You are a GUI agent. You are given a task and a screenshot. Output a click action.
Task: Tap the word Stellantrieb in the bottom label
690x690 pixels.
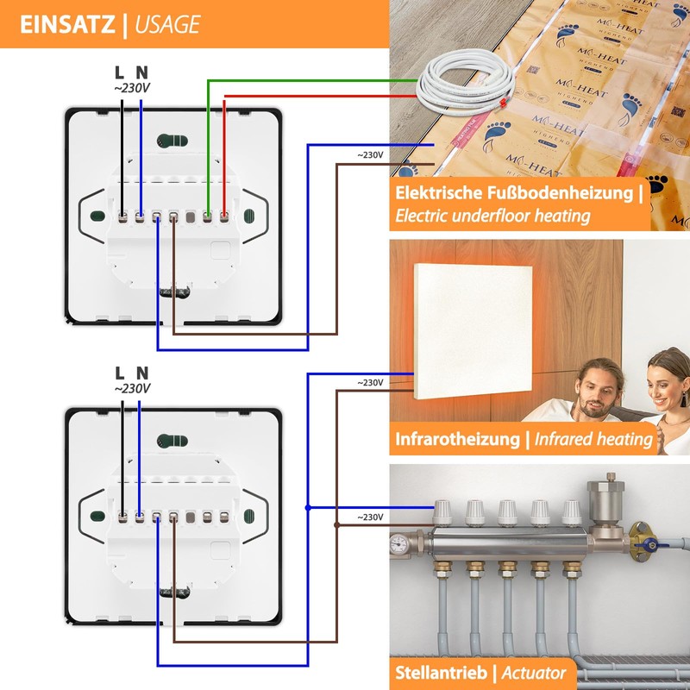440,672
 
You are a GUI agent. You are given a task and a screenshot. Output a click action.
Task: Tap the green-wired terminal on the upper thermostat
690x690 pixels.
208,216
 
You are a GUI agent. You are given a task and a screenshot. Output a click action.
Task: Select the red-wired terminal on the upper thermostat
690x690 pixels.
224,216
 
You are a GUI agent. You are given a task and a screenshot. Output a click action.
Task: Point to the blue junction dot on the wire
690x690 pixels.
309,508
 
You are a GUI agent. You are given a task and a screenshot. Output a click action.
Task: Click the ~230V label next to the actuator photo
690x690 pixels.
370,517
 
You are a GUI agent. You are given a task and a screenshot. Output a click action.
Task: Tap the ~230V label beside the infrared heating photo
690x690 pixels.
370,382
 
